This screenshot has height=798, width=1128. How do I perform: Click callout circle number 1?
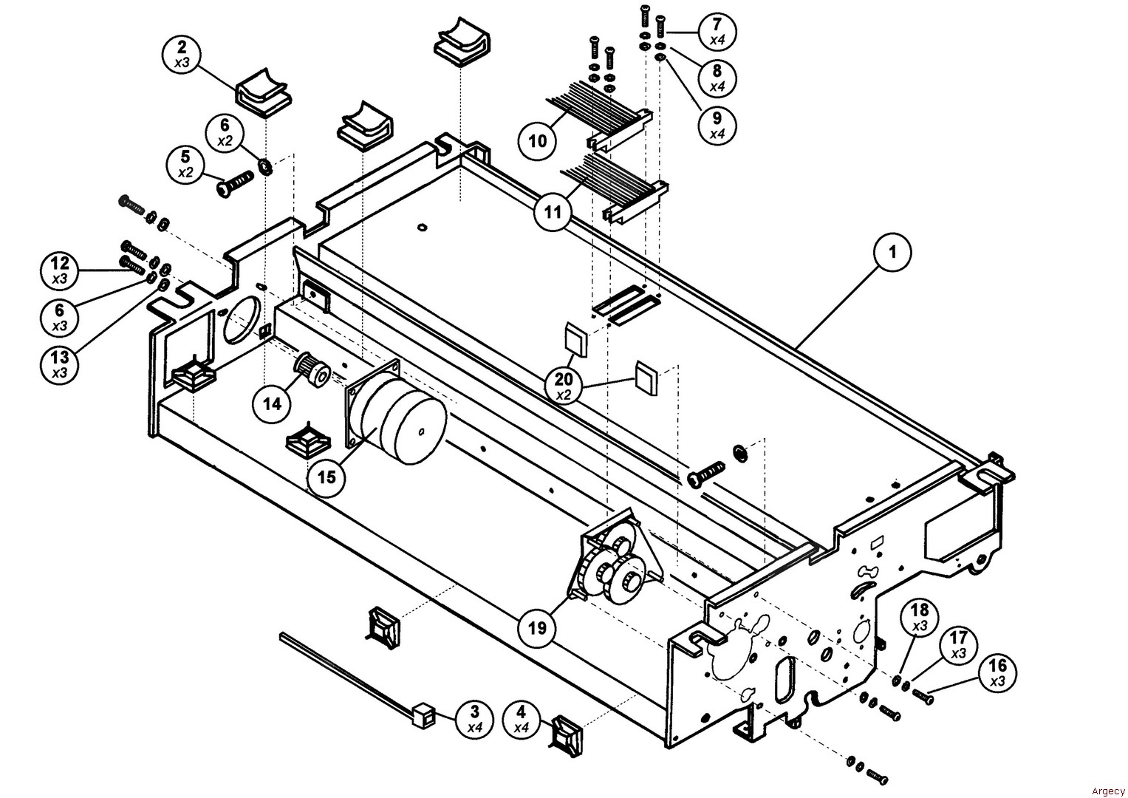pos(892,253)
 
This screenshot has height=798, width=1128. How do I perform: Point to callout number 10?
pos(538,140)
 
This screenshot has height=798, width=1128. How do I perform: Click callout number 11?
pos(553,213)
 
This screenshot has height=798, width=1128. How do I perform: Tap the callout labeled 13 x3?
pos(60,364)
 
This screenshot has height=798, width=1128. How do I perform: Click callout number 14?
pos(273,404)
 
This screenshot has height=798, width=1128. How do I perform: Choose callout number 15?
pos(327,477)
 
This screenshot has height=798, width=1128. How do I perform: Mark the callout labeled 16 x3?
pos(997,673)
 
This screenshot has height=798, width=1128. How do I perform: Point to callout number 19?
pos(537,628)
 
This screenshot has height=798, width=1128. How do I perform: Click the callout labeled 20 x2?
pos(564,386)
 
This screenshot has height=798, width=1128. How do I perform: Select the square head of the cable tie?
pos(421,715)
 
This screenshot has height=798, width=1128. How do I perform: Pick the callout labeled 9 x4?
pos(717,125)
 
